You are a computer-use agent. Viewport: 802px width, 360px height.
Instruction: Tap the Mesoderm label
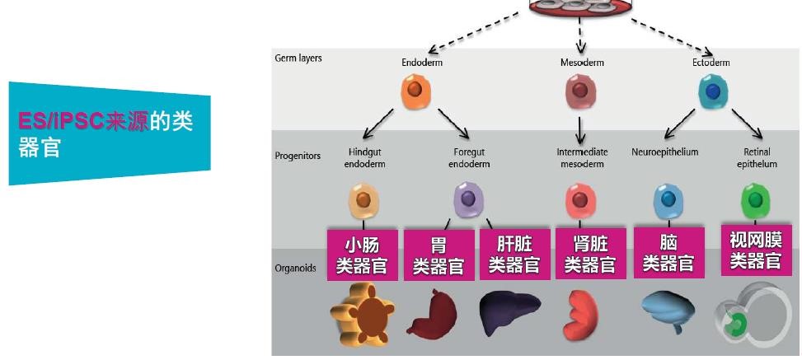click(582, 63)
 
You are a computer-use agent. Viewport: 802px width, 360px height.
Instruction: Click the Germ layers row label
click(298, 58)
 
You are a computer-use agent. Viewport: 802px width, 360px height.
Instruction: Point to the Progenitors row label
click(298, 155)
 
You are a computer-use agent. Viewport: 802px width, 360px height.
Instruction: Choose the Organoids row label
click(296, 268)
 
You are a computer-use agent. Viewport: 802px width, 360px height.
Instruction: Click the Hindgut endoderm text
click(365, 158)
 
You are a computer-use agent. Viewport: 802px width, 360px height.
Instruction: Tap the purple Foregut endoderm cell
click(468, 199)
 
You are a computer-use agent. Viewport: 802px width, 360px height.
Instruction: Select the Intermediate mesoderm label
click(582, 158)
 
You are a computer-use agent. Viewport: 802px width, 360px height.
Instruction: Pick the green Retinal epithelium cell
click(755, 199)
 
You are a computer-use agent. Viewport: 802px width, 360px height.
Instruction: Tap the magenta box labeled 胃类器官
click(439, 255)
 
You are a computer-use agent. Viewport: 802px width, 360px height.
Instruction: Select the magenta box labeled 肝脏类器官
click(514, 255)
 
